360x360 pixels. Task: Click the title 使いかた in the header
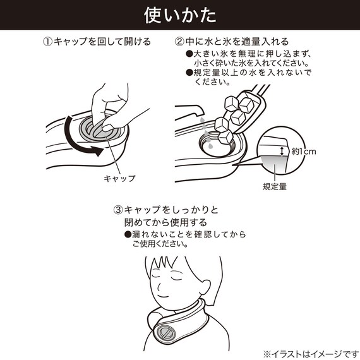(x=179, y=14)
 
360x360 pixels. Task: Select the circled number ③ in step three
(x=118, y=210)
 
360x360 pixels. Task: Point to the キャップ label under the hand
(x=119, y=178)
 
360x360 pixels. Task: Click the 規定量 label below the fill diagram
(x=275, y=186)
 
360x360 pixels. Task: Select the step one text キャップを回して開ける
(x=102, y=42)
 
